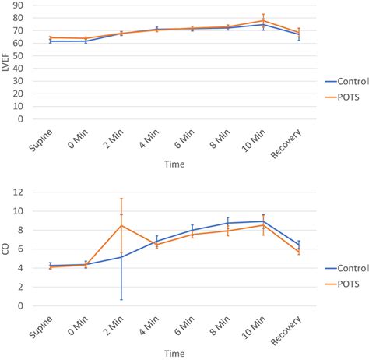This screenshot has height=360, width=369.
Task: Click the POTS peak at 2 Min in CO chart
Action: coord(121,225)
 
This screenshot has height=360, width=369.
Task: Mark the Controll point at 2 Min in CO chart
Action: coord(121,257)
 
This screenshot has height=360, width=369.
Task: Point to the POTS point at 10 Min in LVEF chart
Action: coord(264,21)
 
